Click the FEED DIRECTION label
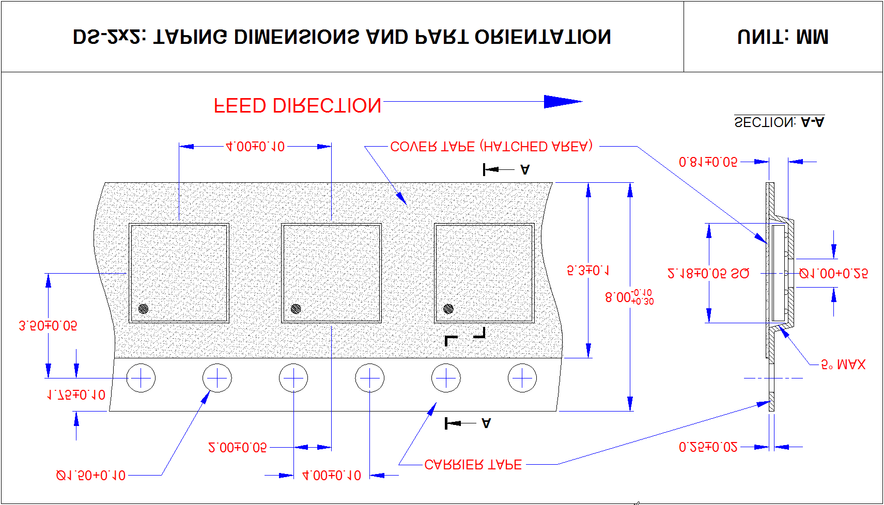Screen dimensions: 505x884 pyautogui.click(x=298, y=106)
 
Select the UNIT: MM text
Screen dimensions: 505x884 pyautogui.click(x=783, y=37)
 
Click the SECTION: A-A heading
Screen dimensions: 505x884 pyautogui.click(x=779, y=122)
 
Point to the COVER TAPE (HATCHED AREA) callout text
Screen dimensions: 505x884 pyautogui.click(x=491, y=147)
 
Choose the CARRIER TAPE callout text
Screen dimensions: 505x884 pyautogui.click(x=473, y=465)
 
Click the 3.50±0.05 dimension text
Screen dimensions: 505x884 pyautogui.click(x=48, y=326)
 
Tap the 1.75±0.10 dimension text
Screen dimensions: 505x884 pyautogui.click(x=76, y=395)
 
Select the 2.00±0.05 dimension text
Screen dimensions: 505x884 pyautogui.click(x=237, y=447)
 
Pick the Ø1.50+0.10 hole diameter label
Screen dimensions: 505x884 pyautogui.click(x=90, y=476)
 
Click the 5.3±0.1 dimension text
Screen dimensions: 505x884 pyautogui.click(x=588, y=271)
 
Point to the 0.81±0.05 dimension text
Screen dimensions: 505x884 pyautogui.click(x=708, y=162)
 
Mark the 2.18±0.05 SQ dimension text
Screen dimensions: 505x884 pyautogui.click(x=708, y=274)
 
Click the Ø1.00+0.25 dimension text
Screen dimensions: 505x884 pyautogui.click(x=833, y=274)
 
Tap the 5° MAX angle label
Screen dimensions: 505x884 pyautogui.click(x=843, y=365)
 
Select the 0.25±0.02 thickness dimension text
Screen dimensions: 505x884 pyautogui.click(x=708, y=447)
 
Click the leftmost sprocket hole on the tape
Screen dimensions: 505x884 pyautogui.click(x=141, y=378)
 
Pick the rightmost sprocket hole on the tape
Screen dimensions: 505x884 pyautogui.click(x=522, y=378)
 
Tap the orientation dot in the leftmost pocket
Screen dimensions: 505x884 pyautogui.click(x=144, y=309)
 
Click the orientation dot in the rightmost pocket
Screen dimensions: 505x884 pyautogui.click(x=448, y=309)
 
